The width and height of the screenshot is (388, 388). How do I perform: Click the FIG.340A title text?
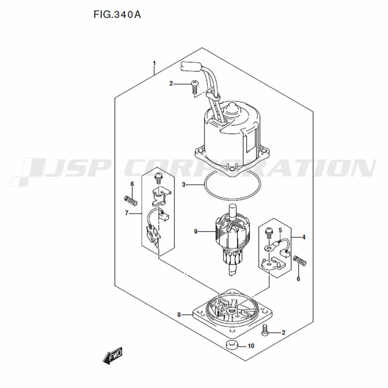tap(117, 15)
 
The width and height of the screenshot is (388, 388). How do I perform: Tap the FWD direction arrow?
tap(113, 355)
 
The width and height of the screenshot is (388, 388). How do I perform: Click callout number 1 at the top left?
tap(154, 64)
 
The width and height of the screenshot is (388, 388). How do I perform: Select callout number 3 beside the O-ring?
tap(184, 185)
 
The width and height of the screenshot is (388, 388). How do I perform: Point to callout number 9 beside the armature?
tap(196, 232)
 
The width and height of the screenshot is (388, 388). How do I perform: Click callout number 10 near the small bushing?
tap(251, 346)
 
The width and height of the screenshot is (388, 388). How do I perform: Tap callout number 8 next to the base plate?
tap(179, 315)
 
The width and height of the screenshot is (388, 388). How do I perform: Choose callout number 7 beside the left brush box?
tap(126, 213)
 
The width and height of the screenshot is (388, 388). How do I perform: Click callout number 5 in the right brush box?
tap(280, 230)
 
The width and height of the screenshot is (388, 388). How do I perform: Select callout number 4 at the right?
tap(304, 237)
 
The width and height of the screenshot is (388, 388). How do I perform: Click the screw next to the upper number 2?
tap(195, 87)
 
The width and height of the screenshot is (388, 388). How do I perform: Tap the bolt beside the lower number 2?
tap(265, 330)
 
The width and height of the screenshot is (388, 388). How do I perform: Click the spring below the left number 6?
tap(130, 200)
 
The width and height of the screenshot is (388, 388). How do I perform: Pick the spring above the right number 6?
tap(300, 261)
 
